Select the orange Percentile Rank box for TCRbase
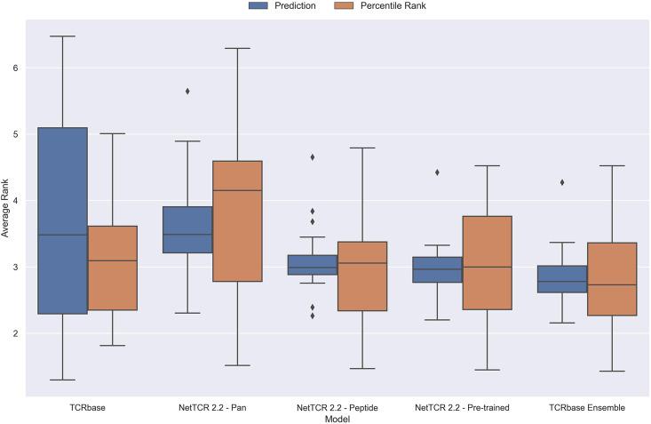112,268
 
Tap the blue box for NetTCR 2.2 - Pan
187,229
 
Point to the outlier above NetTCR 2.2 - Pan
187,91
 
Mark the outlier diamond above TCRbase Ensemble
562,182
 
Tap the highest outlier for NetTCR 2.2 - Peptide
313,157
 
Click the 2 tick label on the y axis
15,333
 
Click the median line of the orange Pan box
237,190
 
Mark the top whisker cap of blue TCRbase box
62,36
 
